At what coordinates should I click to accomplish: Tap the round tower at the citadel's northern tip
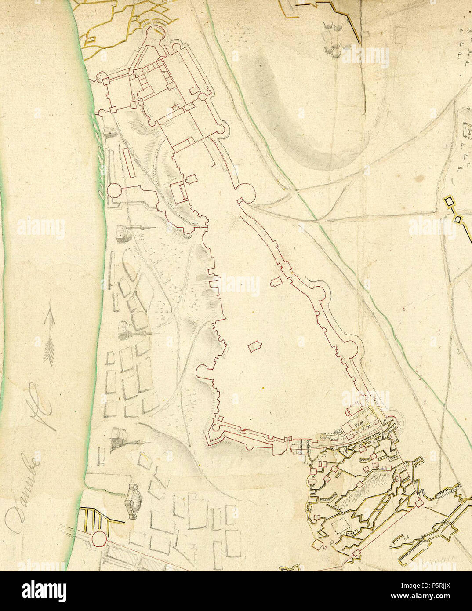tap(154, 33)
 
